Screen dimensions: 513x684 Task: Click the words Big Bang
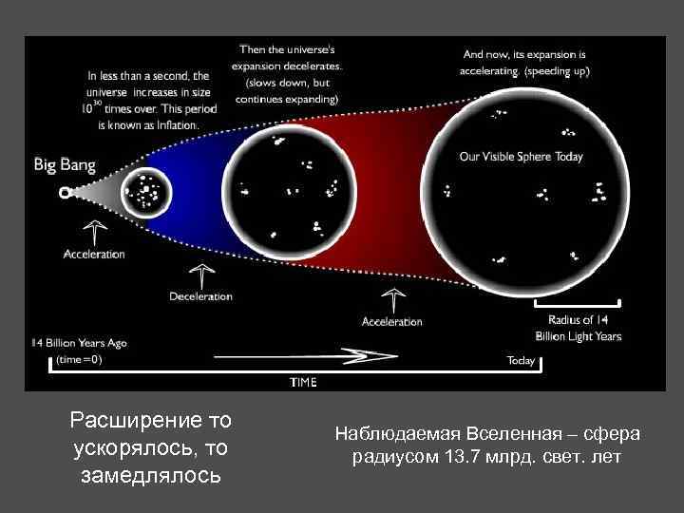click(64, 165)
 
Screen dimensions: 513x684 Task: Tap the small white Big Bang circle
click(65, 192)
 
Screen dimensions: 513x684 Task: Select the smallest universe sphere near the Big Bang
click(145, 193)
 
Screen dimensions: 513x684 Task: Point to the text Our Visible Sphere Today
click(521, 157)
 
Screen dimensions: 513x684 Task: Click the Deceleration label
click(200, 296)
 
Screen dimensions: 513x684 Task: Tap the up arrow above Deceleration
click(200, 275)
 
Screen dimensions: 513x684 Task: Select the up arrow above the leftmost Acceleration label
click(94, 232)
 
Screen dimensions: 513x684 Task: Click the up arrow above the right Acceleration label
click(392, 300)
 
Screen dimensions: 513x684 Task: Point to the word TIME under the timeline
click(303, 382)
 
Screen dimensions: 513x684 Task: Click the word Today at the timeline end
click(521, 360)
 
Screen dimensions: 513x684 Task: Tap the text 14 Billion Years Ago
click(79, 342)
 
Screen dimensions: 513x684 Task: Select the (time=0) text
click(79, 359)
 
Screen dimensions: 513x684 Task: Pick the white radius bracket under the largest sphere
click(578, 304)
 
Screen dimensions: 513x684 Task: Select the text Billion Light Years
click(578, 336)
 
